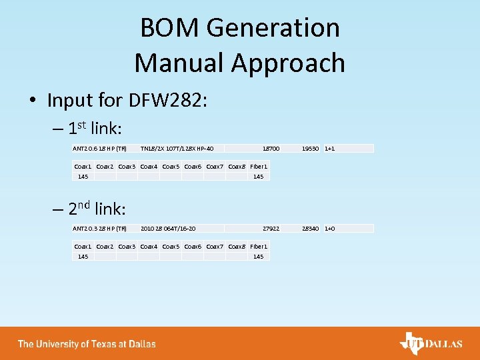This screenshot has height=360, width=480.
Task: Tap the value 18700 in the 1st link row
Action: click(x=271, y=148)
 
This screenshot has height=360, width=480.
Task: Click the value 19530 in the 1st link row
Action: click(x=310, y=148)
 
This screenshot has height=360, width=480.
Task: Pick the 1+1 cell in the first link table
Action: click(x=329, y=148)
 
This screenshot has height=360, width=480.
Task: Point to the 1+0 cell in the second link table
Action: click(x=329, y=229)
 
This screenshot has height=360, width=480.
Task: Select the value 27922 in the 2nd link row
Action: click(x=271, y=229)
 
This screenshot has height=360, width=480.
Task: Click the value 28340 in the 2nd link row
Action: click(x=310, y=229)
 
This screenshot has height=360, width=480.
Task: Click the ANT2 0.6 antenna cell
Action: click(x=99, y=148)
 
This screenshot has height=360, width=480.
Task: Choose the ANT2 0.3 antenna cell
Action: click(x=99, y=229)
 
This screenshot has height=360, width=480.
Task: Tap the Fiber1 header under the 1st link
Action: click(x=259, y=166)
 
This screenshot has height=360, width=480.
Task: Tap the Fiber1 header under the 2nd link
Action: click(x=259, y=247)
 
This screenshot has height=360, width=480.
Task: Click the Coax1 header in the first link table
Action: click(x=83, y=166)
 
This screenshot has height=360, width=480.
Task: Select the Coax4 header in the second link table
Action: click(x=149, y=247)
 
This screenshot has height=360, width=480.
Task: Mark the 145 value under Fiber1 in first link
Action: click(x=259, y=177)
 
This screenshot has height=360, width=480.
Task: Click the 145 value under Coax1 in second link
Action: click(x=83, y=257)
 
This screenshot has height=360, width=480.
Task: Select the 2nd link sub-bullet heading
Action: click(x=97, y=209)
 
